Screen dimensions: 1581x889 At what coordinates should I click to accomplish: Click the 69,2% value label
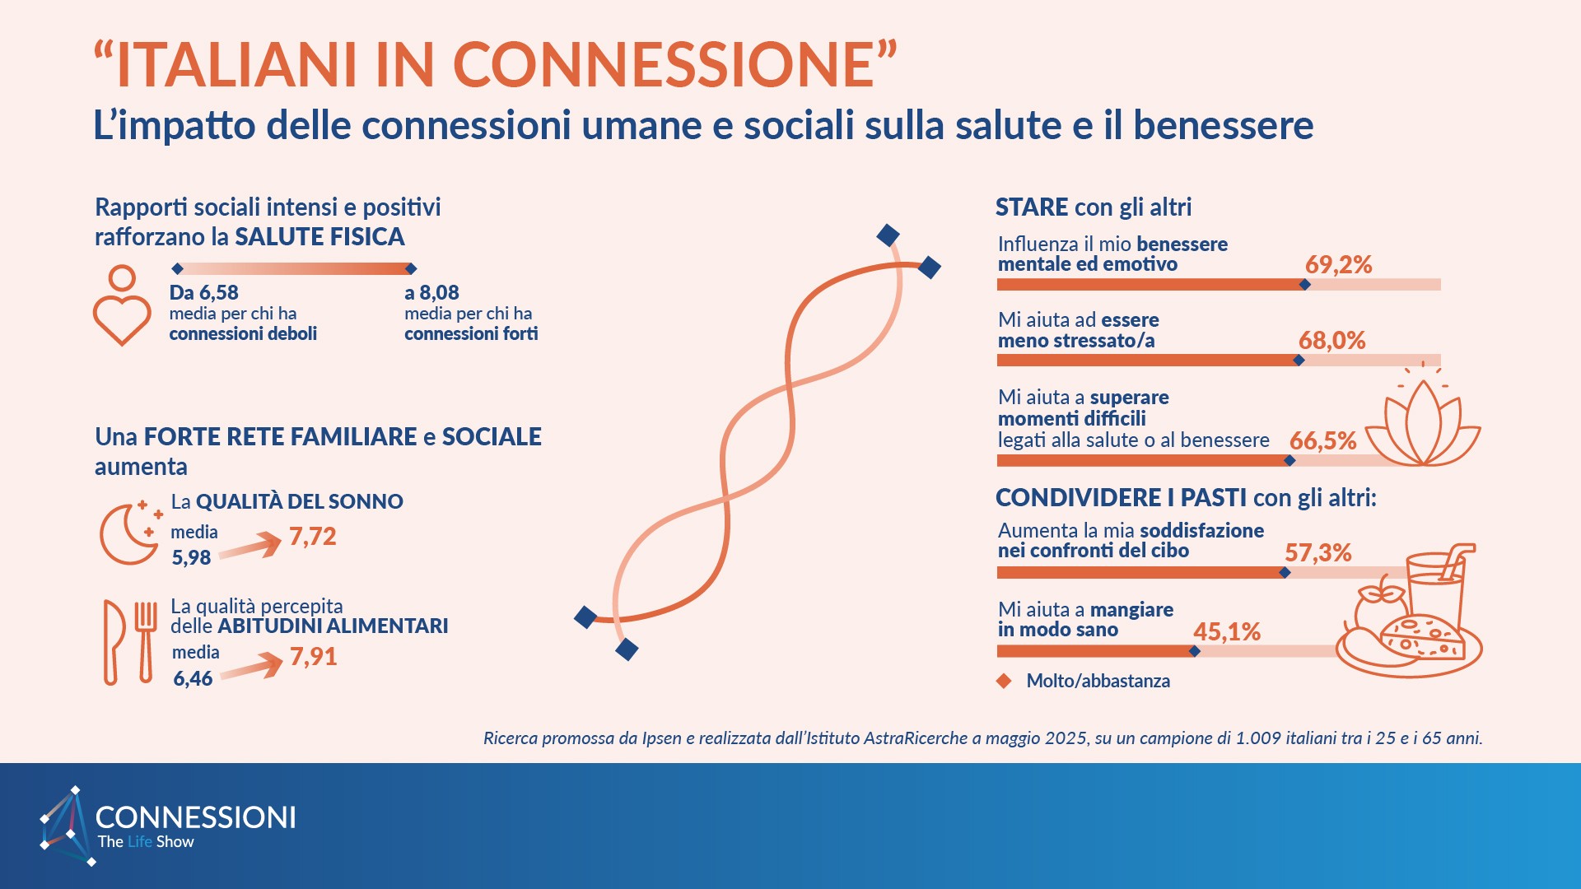[x=1338, y=265]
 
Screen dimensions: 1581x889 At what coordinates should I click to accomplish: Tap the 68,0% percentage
[x=1331, y=341]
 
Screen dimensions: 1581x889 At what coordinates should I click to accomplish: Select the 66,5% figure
[x=1322, y=441]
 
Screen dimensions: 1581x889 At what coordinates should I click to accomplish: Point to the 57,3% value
[x=1317, y=553]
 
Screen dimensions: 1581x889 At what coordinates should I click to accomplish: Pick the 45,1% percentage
[x=1227, y=632]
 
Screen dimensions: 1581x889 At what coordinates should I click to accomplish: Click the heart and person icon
[x=122, y=305]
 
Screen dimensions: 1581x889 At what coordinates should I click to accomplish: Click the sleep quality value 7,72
[x=312, y=537]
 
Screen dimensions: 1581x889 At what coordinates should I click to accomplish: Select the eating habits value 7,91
[x=313, y=657]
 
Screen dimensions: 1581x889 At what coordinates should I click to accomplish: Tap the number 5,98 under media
[x=191, y=558]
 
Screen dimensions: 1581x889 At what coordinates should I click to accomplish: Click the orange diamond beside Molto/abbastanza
[x=1004, y=682]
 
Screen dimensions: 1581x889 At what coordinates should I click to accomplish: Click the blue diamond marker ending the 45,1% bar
[x=1195, y=652]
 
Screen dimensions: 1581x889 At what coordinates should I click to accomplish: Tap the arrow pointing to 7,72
[x=251, y=546]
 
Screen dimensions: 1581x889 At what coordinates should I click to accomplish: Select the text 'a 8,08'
[x=431, y=293]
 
